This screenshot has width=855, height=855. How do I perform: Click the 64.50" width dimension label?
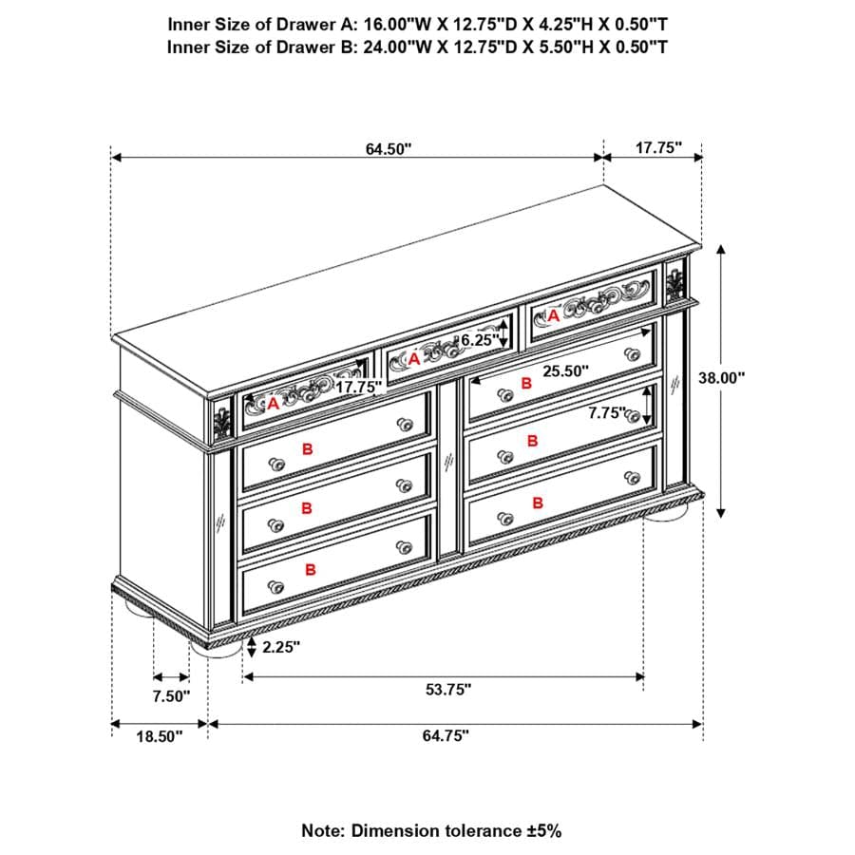tap(388, 148)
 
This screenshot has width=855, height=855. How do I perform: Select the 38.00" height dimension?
tap(722, 376)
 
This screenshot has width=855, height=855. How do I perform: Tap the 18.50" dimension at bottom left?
tap(158, 735)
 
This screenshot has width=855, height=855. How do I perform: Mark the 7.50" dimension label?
tap(171, 695)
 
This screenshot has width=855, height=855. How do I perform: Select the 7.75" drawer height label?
tap(608, 413)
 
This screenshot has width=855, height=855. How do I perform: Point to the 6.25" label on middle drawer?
tap(479, 339)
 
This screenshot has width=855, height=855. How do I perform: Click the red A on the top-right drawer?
tap(554, 315)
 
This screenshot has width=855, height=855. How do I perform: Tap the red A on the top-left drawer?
tap(273, 404)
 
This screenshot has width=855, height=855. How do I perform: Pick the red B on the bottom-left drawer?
tap(310, 569)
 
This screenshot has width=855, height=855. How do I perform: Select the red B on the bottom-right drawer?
tap(537, 503)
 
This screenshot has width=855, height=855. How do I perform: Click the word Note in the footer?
tap(323, 830)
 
